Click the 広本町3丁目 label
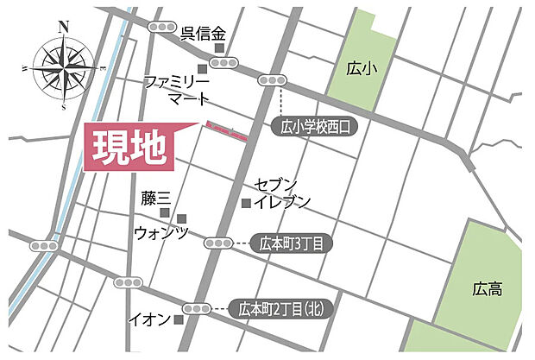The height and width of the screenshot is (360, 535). pyautogui.click(x=292, y=243)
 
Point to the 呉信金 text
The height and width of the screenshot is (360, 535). pyautogui.click(x=203, y=35)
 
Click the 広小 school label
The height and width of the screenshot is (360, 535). pyautogui.click(x=356, y=67)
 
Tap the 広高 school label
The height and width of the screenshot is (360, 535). pyautogui.click(x=488, y=289)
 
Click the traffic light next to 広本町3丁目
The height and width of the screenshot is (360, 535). pyautogui.click(x=219, y=243)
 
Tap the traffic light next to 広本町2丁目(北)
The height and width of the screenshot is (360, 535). pyautogui.click(x=197, y=308)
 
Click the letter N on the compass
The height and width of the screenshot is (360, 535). pyautogui.click(x=63, y=27)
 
